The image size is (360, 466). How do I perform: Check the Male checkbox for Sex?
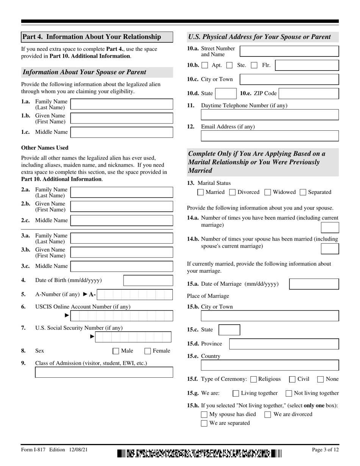click(x=116, y=351)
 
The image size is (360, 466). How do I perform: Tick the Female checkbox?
click(x=148, y=351)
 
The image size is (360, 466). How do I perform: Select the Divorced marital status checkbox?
click(x=233, y=192)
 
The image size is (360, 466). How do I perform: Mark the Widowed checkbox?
click(x=268, y=192)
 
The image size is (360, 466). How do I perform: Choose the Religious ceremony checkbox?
click(x=254, y=379)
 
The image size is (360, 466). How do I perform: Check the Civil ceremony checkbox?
click(x=292, y=379)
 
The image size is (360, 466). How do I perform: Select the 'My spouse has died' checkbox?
click(x=204, y=414)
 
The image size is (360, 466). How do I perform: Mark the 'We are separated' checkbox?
click(x=204, y=423)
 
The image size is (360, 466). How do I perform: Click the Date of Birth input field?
click(x=148, y=281)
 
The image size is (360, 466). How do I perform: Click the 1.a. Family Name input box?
click(x=122, y=105)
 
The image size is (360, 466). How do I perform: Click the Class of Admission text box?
click(x=104, y=372)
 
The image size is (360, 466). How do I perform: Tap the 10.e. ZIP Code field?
click(x=308, y=94)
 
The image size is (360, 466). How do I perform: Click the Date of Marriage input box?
click(x=314, y=284)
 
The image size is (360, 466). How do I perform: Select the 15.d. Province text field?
click(x=284, y=344)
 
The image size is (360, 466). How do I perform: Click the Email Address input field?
click(x=269, y=136)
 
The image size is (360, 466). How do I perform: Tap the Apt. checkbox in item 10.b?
click(x=205, y=66)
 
